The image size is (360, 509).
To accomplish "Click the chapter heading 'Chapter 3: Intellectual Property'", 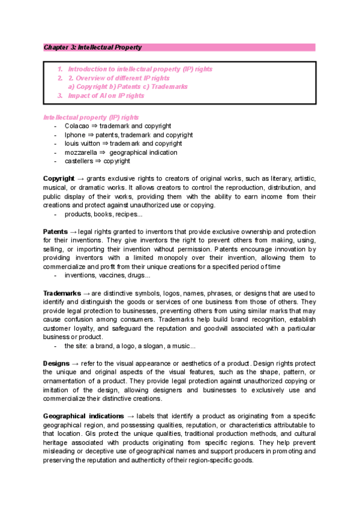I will (92, 47).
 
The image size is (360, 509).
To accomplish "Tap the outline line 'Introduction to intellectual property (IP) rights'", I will (140, 69).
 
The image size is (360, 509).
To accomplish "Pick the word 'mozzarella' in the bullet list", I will (80, 152).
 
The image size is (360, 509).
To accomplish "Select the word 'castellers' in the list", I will (79, 161).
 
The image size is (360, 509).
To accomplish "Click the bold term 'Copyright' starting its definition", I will (59, 179).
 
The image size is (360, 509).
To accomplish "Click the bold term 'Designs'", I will (56, 364).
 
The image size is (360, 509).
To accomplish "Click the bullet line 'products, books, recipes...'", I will (104, 214).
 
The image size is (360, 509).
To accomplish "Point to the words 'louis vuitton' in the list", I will (82, 143).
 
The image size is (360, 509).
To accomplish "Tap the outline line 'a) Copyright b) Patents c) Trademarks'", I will (127, 86).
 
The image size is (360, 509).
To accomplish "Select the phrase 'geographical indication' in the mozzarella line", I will (143, 152).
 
